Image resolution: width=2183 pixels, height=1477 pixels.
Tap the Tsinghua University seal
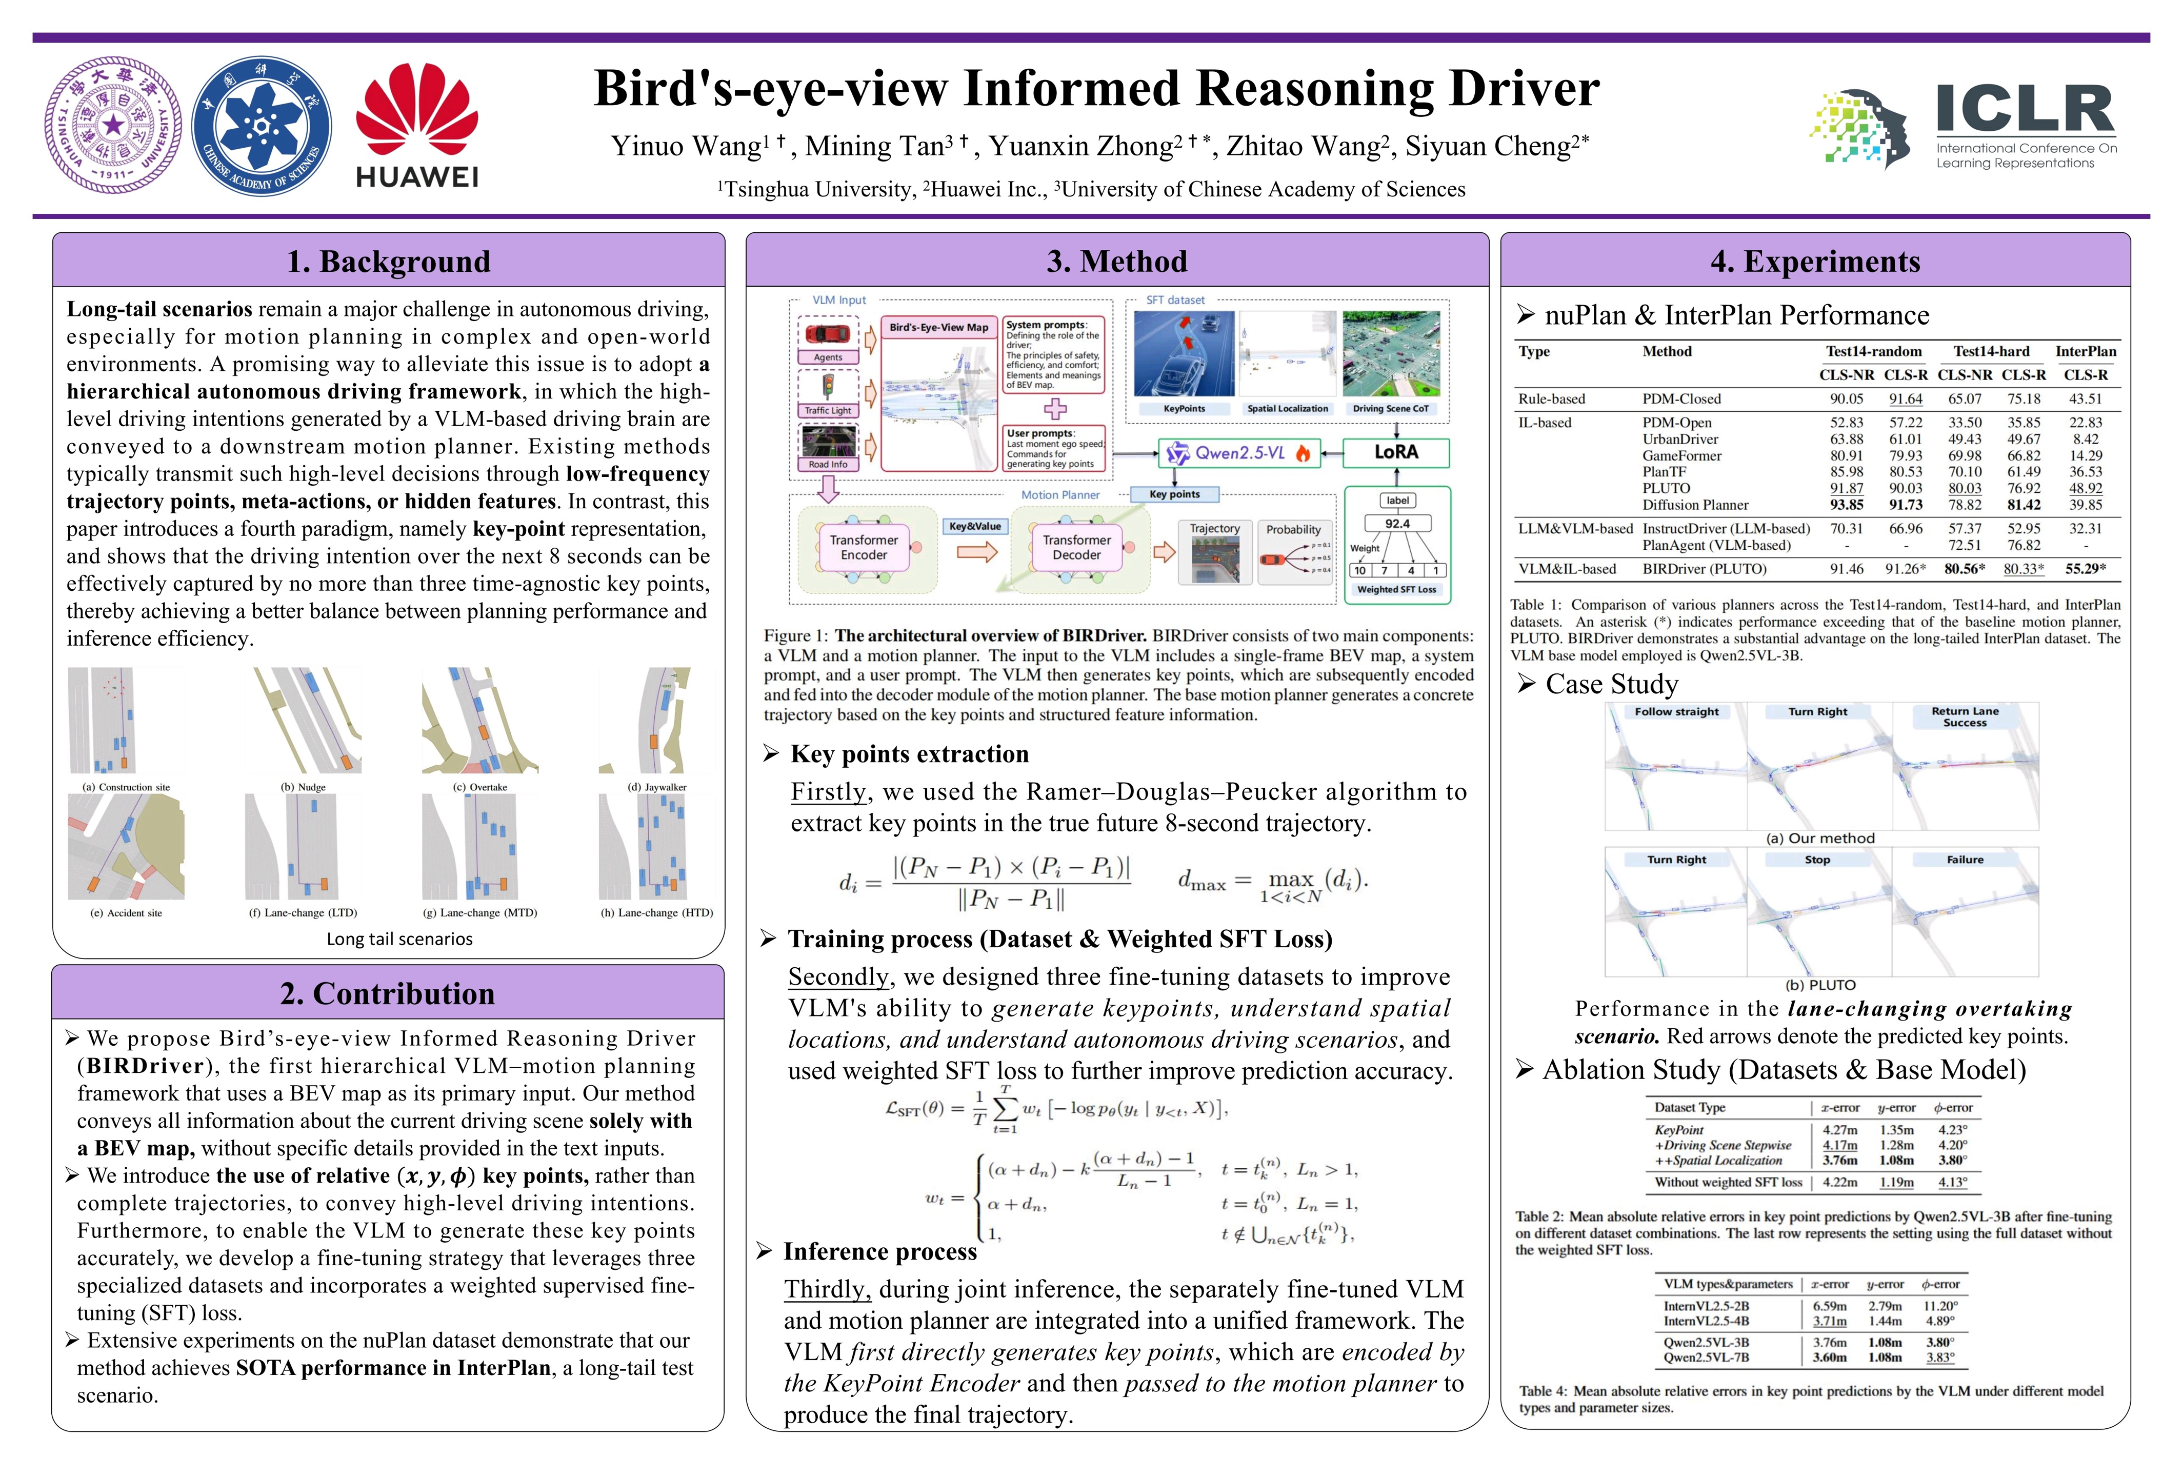[x=114, y=125]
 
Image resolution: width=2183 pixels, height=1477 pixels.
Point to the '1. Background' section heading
[x=388, y=261]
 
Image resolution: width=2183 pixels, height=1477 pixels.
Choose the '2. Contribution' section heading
[x=387, y=993]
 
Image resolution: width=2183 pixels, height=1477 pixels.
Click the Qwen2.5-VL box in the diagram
[x=1238, y=453]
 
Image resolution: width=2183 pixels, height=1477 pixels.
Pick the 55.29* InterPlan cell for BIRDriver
[x=2085, y=568]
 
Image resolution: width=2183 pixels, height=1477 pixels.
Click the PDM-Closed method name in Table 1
[x=1681, y=398]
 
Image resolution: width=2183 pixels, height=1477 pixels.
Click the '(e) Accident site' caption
[x=126, y=912]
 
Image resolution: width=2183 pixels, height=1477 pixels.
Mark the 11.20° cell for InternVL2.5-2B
[x=1940, y=1306]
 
